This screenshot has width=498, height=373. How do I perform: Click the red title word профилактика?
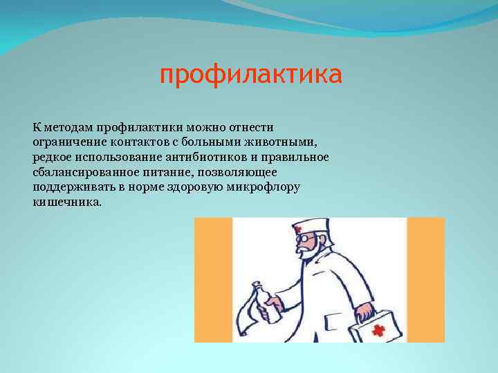coord(250,75)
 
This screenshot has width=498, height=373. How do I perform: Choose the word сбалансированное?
coord(84,173)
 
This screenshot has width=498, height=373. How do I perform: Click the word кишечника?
coord(66,203)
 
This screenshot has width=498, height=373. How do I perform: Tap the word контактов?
coord(143,142)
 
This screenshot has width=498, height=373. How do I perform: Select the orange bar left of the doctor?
coord(213,280)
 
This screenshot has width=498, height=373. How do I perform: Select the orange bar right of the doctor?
coord(425,280)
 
